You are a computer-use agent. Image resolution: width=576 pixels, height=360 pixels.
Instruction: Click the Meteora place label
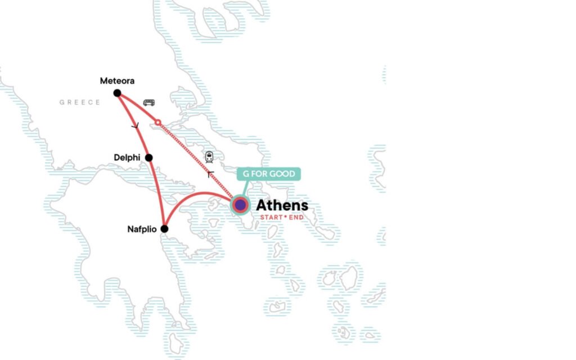[x=117, y=81]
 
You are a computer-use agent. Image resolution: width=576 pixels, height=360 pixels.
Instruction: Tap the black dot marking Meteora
[x=117, y=93]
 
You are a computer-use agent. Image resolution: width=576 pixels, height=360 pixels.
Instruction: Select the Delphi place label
[x=127, y=158]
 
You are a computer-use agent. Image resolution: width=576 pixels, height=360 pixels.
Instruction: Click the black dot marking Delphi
[x=149, y=158]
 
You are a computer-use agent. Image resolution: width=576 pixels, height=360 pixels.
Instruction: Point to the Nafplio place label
[x=143, y=229]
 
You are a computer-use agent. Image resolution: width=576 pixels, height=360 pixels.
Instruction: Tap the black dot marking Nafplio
[x=164, y=229]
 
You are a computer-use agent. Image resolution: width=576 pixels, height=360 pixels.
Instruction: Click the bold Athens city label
[x=282, y=205]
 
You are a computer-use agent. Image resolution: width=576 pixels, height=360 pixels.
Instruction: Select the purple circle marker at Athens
[x=240, y=205]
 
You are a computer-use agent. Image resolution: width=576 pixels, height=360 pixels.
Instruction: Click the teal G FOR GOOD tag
[x=269, y=174]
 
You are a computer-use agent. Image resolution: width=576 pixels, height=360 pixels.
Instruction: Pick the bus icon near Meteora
[x=149, y=103]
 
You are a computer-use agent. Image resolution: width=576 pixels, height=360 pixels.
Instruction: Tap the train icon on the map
[x=209, y=157]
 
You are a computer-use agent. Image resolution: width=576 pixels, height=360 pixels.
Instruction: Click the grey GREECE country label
[x=80, y=102]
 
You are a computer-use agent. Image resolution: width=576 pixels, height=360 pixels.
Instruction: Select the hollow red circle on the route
[x=158, y=122]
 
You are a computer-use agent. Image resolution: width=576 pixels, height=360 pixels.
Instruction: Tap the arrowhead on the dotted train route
[x=210, y=174]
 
